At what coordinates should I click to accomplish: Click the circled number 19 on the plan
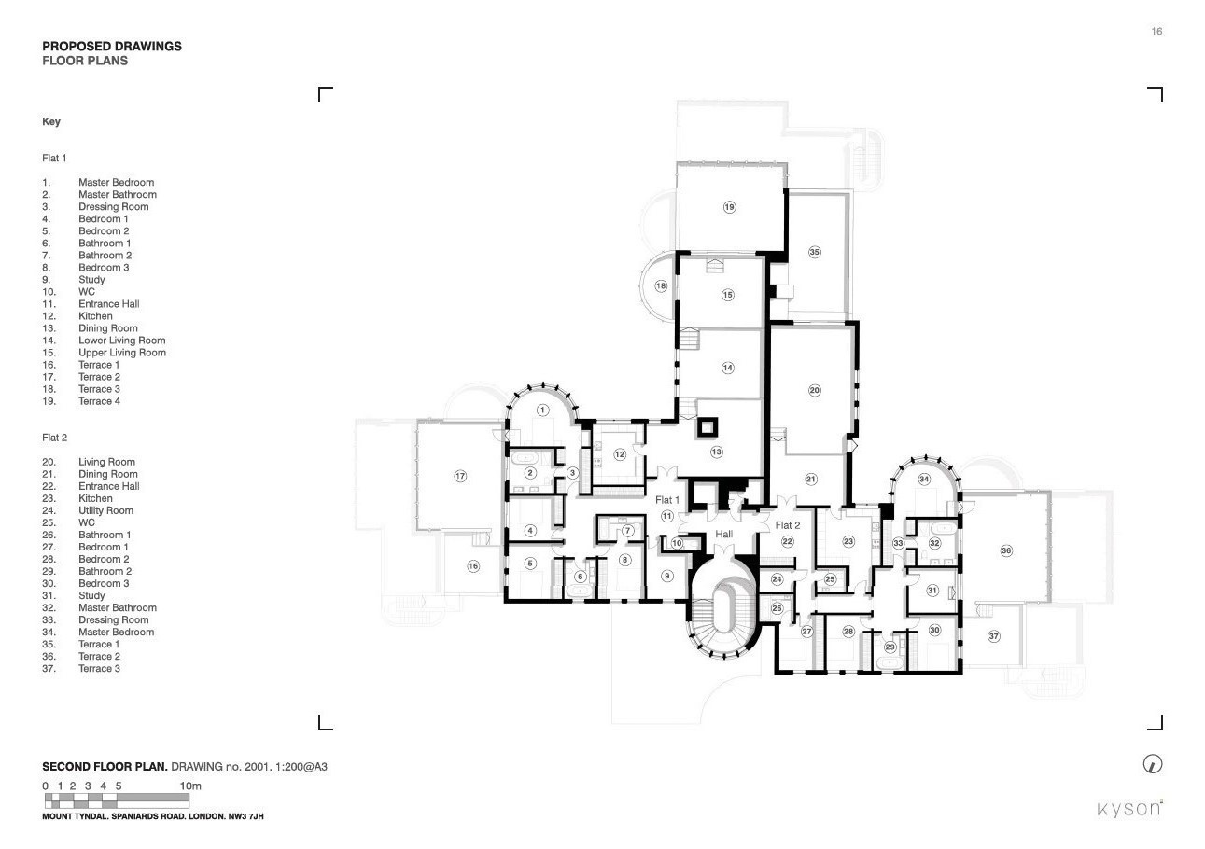729,207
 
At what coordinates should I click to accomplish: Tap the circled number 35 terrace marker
815,252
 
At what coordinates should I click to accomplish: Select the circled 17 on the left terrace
460,476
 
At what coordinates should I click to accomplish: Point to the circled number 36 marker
1006,550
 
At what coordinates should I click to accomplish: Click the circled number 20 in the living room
815,390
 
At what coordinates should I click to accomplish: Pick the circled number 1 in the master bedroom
542,411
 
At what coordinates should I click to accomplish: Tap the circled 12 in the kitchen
620,454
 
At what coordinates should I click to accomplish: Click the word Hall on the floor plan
723,534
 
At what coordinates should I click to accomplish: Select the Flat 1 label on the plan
667,500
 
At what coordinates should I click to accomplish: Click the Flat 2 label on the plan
788,525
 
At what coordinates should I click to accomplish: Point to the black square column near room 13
707,428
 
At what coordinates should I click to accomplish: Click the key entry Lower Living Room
122,341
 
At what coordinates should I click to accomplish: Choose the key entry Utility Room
106,510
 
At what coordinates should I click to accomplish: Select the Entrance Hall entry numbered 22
109,486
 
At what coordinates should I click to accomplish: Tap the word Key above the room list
51,121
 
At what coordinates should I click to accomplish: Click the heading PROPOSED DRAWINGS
112,47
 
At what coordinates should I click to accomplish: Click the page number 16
1156,31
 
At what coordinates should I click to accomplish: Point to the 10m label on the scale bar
190,786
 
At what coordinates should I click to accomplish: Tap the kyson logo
1129,809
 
